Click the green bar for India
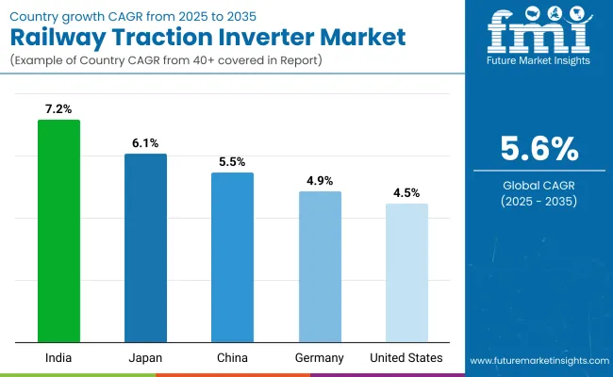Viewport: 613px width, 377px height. pos(59,231)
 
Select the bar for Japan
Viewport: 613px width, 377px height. pos(145,248)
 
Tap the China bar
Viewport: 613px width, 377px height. pos(232,257)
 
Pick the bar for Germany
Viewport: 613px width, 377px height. pos(320,267)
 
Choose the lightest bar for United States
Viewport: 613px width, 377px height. pos(406,273)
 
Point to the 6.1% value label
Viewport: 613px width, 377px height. pos(145,144)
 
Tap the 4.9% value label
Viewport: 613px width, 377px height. pos(320,181)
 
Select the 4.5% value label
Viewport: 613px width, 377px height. pos(406,193)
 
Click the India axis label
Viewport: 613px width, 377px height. pos(59,358)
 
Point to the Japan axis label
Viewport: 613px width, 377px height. pos(145,358)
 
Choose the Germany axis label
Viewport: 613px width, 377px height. pos(320,358)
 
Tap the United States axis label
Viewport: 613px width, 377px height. pos(406,358)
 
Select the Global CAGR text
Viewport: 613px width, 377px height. pos(538,185)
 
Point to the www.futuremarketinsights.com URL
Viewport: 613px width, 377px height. pos(538,361)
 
